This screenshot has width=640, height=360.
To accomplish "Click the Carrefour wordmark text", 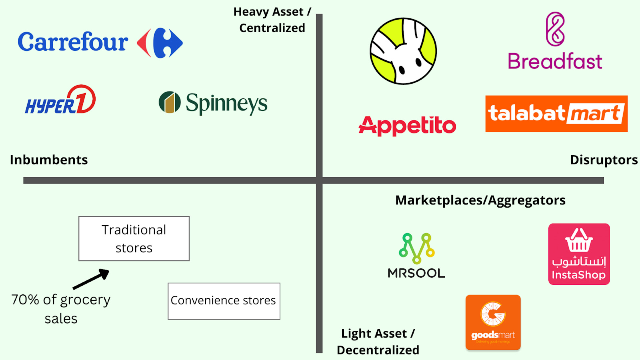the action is (x=73, y=42).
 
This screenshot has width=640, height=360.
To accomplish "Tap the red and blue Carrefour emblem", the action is (x=160, y=43).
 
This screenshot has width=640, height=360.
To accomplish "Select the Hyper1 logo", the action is (x=60, y=100).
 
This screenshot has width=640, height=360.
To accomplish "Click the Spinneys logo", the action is (x=213, y=103).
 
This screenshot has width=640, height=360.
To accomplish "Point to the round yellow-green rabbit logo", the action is (x=403, y=51).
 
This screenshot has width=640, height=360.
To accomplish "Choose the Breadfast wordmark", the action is (x=555, y=61).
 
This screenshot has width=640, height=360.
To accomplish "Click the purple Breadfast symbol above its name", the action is (x=555, y=29).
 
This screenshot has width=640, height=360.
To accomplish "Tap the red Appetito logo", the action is (x=407, y=126).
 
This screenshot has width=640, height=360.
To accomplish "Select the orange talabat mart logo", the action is (x=556, y=114).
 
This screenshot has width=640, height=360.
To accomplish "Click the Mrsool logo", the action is (x=416, y=256).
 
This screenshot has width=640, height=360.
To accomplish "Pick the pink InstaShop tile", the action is (x=579, y=254).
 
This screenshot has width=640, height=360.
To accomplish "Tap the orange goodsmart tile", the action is (x=493, y=322).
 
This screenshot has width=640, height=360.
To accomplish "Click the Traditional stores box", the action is (x=134, y=238).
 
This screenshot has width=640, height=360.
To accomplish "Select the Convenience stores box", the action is (x=224, y=301).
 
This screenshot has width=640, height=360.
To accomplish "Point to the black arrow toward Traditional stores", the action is (x=91, y=279).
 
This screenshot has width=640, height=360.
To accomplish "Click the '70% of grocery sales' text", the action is (x=61, y=308).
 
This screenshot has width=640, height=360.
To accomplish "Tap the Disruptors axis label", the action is (x=604, y=160).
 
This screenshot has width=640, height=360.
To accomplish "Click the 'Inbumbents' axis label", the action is (x=49, y=160).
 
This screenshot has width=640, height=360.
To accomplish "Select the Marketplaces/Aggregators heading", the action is (x=480, y=200).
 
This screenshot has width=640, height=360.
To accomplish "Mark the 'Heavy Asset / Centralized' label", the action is (x=272, y=20).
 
